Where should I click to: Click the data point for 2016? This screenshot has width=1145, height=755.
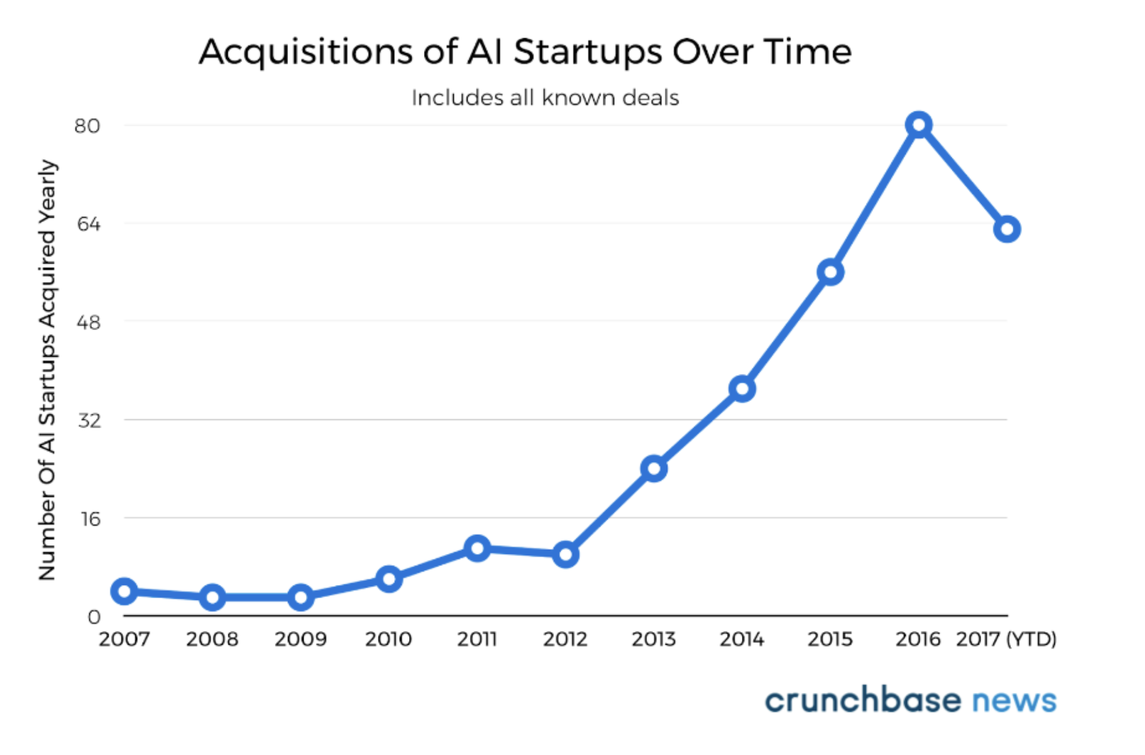click(918, 125)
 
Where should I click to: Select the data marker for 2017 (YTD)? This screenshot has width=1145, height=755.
click(1007, 229)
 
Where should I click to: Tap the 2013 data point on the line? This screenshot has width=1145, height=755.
click(654, 469)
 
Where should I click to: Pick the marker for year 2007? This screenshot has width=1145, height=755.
click(124, 591)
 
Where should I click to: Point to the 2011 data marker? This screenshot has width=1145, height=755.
click(477, 548)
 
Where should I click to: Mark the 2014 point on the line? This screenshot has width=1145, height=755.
click(742, 389)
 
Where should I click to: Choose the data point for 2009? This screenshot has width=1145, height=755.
click(301, 597)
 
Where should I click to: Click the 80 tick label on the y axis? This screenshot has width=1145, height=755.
click(87, 126)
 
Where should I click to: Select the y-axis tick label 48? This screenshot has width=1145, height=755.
click(88, 323)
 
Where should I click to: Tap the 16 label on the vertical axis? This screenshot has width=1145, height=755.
click(91, 519)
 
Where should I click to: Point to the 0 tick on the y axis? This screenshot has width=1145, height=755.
click(94, 617)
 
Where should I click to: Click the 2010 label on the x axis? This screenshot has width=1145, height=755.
click(388, 639)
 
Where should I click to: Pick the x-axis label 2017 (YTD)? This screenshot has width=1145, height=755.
click(1006, 639)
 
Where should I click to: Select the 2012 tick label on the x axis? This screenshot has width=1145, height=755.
click(565, 639)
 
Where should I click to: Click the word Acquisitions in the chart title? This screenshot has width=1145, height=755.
click(307, 52)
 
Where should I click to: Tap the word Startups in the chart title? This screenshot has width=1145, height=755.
click(587, 52)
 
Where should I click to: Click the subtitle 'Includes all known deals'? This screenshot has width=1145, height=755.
click(545, 98)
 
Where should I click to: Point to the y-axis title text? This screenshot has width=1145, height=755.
click(47, 370)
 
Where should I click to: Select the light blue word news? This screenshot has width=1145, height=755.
click(1014, 701)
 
